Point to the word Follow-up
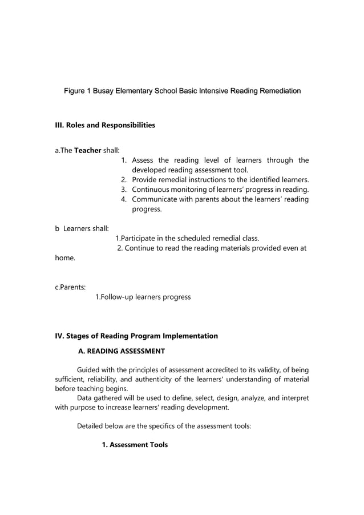click(x=115, y=297)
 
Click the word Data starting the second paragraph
click(x=84, y=399)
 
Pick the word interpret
click(x=294, y=399)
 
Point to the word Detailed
click(x=91, y=425)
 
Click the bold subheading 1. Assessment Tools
click(x=135, y=444)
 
